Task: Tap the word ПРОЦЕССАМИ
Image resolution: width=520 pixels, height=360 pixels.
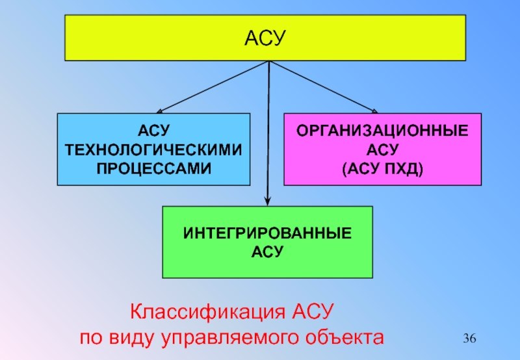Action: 154,168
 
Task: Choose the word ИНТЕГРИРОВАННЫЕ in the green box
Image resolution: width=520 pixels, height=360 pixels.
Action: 267,233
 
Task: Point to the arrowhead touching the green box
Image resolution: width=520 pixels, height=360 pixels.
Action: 267,202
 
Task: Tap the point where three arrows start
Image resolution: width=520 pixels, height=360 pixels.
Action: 268,62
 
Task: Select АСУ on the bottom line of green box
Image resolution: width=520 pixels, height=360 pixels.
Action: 267,251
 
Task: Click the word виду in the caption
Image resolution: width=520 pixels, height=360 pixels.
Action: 131,338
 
